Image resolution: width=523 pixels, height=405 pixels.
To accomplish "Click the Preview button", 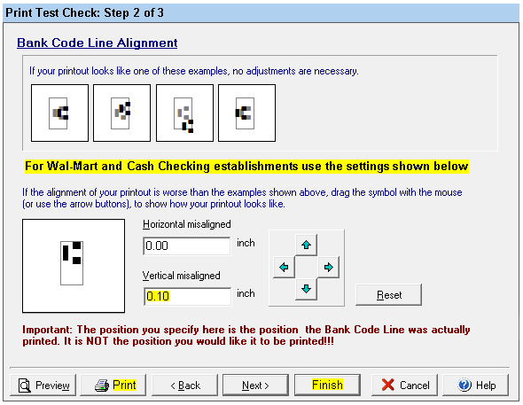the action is click(43, 385).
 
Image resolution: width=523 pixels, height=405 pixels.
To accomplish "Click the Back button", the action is click(184, 385).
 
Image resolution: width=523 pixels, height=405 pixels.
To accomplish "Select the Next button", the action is click(255, 385).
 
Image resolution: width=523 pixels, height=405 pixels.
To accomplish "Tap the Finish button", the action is click(327, 385).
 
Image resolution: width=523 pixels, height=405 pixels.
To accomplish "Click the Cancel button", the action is click(404, 385).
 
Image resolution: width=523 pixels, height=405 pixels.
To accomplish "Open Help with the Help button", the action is click(476, 385).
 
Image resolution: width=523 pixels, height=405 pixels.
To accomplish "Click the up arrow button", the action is click(306, 245).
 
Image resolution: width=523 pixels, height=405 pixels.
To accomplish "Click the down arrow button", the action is click(306, 289).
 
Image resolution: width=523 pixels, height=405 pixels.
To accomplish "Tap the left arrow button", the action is click(284, 267).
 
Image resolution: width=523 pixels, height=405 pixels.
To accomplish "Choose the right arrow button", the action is click(329, 267).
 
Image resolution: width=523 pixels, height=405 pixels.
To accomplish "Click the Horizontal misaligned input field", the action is click(187, 246).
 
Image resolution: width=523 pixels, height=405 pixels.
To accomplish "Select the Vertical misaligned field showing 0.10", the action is click(187, 296).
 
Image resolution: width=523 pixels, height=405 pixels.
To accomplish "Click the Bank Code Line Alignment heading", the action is click(97, 43).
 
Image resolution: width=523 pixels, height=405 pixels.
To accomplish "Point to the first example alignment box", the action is click(59, 113).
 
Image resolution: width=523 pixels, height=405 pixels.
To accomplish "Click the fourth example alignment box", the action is click(246, 113).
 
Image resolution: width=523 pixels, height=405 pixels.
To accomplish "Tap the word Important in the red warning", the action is click(47, 330).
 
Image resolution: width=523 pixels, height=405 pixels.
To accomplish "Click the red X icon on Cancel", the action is click(388, 385).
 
